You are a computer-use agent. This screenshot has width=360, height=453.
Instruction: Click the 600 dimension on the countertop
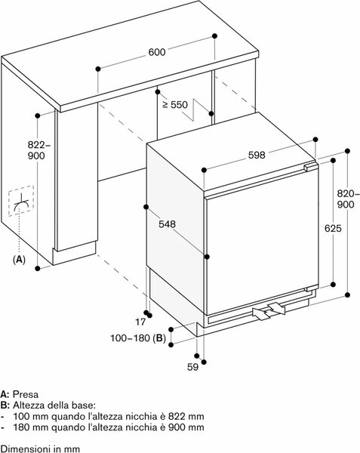click(157, 52)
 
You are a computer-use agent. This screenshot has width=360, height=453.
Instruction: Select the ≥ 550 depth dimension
click(175, 105)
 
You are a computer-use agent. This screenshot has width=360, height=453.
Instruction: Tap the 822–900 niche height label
click(37, 150)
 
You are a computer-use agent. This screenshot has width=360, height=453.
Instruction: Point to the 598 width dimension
click(257, 156)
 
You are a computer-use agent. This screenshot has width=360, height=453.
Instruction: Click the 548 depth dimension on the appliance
click(167, 224)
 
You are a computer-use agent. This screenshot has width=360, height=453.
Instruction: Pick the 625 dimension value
click(333, 229)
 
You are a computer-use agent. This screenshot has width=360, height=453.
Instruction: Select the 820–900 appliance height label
click(348, 199)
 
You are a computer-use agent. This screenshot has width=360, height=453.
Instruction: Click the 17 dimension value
click(140, 322)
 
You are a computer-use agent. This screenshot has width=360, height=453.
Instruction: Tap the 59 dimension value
click(193, 367)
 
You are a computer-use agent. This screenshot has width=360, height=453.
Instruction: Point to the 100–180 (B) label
click(138, 338)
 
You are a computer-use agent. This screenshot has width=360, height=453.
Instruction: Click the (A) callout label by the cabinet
click(19, 260)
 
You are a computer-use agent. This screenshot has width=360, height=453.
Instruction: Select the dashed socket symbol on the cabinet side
click(21, 201)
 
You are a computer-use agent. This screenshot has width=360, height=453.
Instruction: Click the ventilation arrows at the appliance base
click(269, 311)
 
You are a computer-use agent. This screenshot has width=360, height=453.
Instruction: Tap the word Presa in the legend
click(26, 394)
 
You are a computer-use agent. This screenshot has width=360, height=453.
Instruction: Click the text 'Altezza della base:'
click(54, 405)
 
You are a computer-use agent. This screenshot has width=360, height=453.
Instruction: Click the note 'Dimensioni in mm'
click(40, 449)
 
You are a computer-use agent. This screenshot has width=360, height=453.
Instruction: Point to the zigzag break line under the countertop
click(195, 110)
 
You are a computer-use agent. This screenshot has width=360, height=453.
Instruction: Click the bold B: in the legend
click(5, 405)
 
